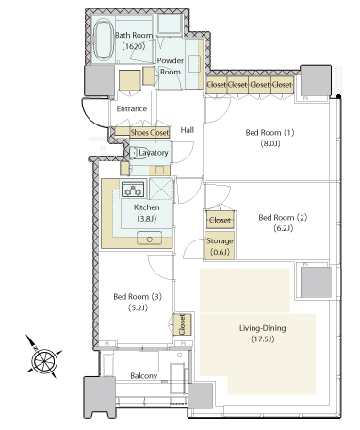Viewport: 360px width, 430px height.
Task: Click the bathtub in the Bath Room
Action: pos(104,40)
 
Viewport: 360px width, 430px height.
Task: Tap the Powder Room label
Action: pos(171,66)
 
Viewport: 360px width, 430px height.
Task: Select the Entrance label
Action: pos(132,108)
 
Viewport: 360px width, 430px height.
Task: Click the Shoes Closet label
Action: pos(150,133)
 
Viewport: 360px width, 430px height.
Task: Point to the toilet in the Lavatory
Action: pos(139,153)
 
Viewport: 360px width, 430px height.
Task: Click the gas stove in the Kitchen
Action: pos(133,190)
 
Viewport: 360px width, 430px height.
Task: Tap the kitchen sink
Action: pos(150,239)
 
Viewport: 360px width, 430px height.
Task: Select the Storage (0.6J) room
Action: pos(220,246)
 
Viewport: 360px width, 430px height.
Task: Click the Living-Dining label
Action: pos(263,328)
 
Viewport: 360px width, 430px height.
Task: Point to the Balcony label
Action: pos(143,376)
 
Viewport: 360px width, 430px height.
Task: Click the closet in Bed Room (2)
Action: pos(220,220)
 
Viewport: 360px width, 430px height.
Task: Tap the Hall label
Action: pos(187,130)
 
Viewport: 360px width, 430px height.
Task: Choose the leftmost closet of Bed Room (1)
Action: pos(217,85)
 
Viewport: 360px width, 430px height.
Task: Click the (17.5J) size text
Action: pos(263,339)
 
